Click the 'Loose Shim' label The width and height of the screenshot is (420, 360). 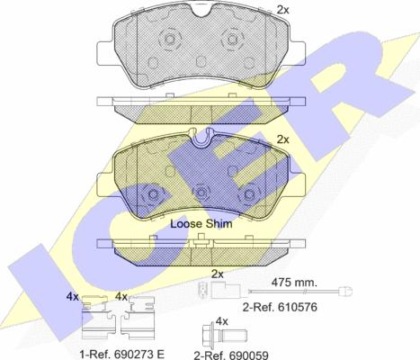tap(201, 224)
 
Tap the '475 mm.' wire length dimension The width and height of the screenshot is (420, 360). tap(294, 282)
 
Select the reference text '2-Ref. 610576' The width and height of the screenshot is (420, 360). tap(280, 307)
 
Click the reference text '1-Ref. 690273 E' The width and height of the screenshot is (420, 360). tap(122, 355)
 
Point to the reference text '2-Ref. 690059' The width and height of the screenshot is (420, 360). tap(231, 355)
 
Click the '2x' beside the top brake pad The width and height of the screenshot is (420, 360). tap(282, 10)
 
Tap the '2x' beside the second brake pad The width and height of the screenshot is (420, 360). tap(282, 139)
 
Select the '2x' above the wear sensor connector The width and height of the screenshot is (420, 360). tap(218, 274)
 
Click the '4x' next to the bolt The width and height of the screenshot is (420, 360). tap(222, 322)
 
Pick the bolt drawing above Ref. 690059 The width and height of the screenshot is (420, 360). tap(224, 333)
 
